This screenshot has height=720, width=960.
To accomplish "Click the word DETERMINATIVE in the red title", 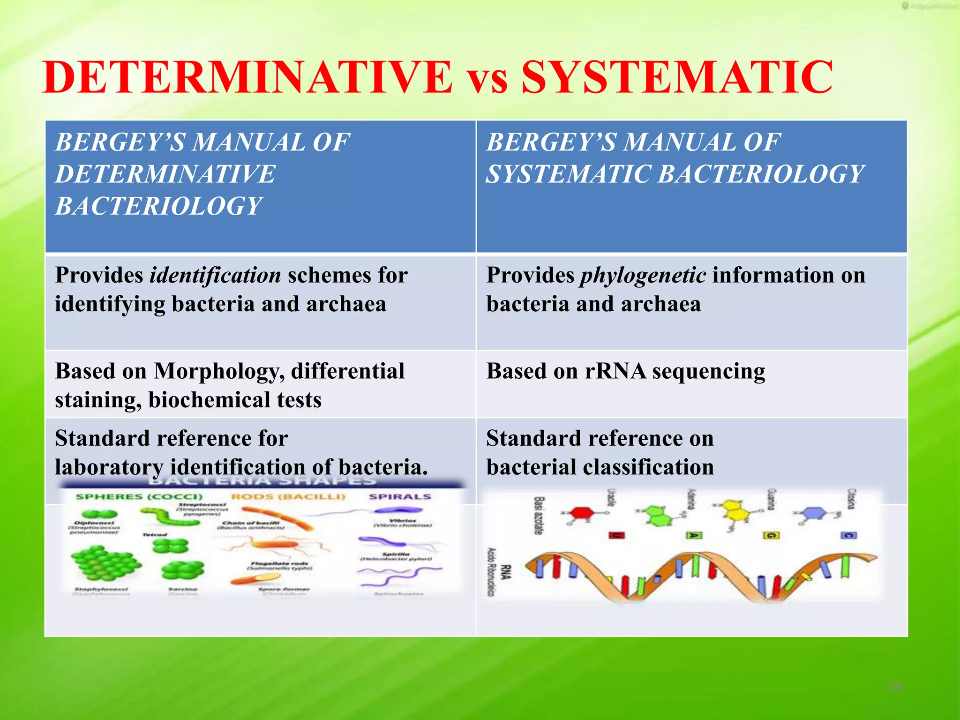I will tap(247, 77).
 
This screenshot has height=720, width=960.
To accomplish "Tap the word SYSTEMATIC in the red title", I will tap(677, 77).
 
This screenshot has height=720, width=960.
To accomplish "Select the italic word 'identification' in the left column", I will tap(215, 276).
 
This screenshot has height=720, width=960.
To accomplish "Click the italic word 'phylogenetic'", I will tap(643, 276).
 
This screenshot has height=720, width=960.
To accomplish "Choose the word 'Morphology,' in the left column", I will tap(219, 371).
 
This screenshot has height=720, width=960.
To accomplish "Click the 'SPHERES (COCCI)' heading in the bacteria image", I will tap(139, 496).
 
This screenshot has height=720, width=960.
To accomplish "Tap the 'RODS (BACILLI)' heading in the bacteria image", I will tap(288, 496).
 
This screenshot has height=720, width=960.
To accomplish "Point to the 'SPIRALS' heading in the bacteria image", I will tap(399, 496).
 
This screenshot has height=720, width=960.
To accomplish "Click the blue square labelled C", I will tap(848, 535).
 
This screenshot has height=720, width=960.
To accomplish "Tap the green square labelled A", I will tap(693, 535).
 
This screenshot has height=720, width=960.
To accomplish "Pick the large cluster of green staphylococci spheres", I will tap(105, 562).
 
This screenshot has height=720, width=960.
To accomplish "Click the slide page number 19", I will tap(894, 687).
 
